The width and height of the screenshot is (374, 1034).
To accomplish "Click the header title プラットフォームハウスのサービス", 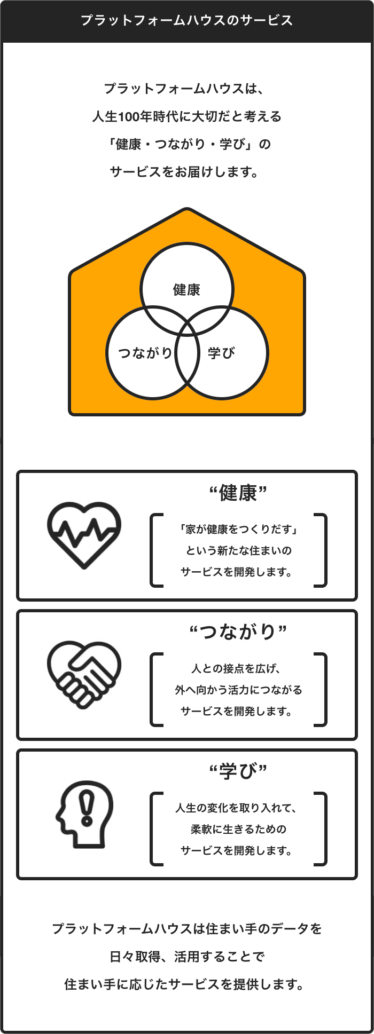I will click(x=186, y=21).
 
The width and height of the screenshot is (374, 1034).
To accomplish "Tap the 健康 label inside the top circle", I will click(x=186, y=290).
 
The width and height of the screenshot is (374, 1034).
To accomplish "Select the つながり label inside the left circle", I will click(x=145, y=353).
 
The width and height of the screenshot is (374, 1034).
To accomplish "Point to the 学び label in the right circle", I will click(x=221, y=353).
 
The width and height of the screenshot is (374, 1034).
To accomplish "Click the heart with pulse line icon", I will click(x=84, y=535).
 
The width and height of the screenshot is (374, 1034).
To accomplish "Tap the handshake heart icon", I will click(x=84, y=675).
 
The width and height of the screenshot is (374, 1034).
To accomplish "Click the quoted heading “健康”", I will click(x=238, y=493).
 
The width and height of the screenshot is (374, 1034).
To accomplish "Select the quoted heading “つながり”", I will click(x=238, y=632).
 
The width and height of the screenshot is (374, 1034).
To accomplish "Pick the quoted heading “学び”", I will click(x=238, y=771).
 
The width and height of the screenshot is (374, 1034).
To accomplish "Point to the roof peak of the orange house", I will click(x=187, y=210).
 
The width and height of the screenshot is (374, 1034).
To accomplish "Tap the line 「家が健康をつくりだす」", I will click(x=238, y=529).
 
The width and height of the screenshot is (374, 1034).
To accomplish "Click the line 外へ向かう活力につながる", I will click(x=238, y=690).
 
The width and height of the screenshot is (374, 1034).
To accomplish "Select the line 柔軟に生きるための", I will click(x=238, y=829).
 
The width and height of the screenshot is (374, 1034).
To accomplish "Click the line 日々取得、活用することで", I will click(x=186, y=957).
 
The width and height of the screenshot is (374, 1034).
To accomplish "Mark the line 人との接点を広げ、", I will click(x=236, y=668).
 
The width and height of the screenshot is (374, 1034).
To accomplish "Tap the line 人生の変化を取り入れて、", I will click(x=236, y=808).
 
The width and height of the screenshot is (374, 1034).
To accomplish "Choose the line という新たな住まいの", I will click(x=238, y=550).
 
